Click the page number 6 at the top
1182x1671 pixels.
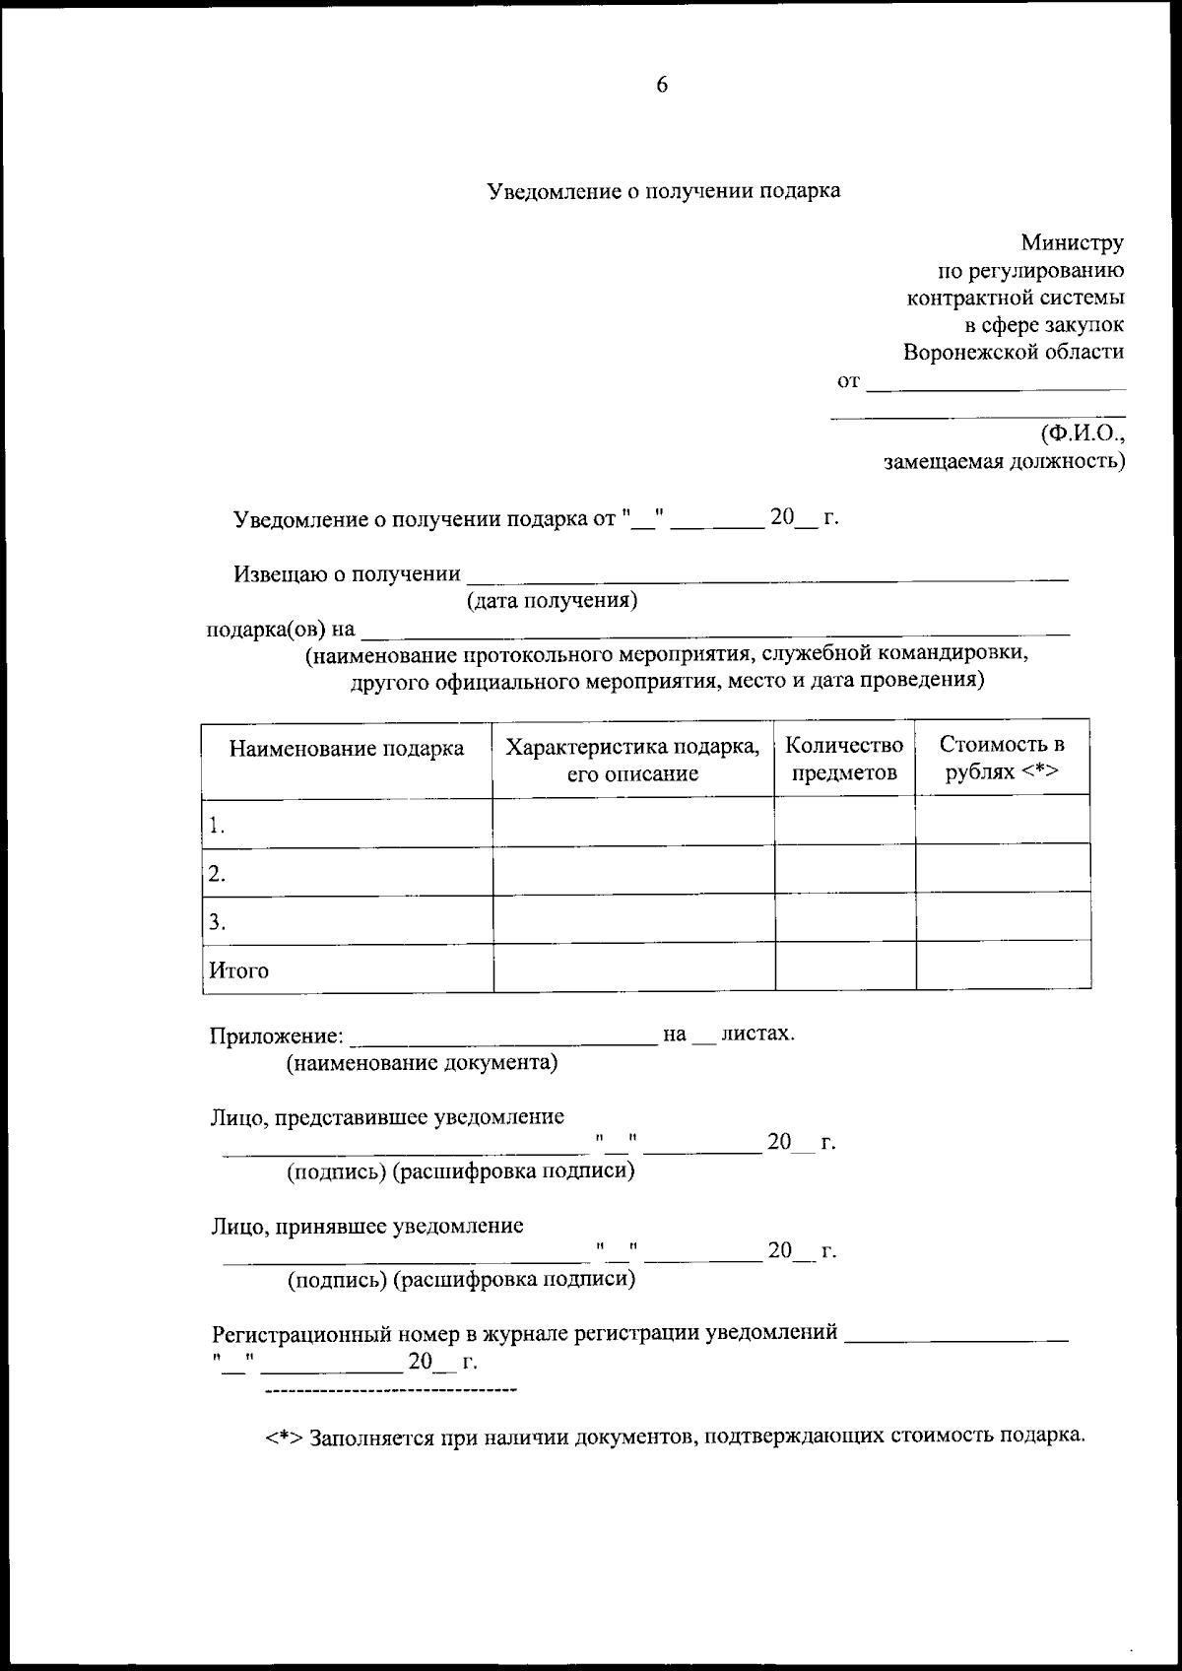(x=662, y=86)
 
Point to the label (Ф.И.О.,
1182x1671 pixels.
(x=1082, y=433)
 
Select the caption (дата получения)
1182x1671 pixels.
(x=552, y=600)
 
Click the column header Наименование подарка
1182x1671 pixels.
(x=347, y=749)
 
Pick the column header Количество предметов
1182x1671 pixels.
(x=844, y=759)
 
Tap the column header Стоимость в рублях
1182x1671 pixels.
(x=1002, y=759)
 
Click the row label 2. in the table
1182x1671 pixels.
(x=218, y=873)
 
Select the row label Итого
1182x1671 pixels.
(x=238, y=969)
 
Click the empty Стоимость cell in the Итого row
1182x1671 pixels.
(x=1003, y=967)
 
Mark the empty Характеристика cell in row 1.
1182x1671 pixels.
(x=633, y=822)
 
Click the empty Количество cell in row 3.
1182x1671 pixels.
(x=845, y=918)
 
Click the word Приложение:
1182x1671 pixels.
(x=277, y=1036)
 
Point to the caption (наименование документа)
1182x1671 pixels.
(x=422, y=1063)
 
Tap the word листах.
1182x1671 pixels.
(x=757, y=1034)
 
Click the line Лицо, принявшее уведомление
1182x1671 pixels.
(x=367, y=1226)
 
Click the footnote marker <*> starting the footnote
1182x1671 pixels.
(x=283, y=1437)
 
